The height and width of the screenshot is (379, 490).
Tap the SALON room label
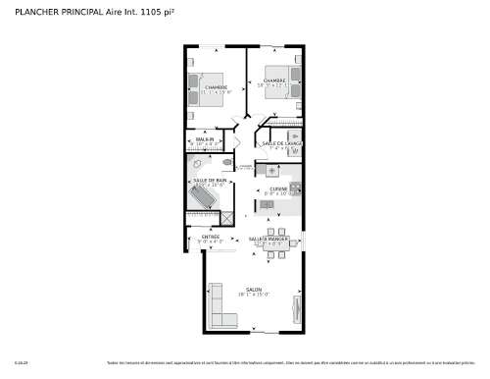pyautogui.click(x=254, y=290)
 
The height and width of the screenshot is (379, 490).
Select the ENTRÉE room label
pyautogui.click(x=211, y=237)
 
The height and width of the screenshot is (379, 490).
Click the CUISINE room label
pyautogui.click(x=277, y=189)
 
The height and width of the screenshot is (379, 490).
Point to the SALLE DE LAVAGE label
pyautogui.click(x=282, y=143)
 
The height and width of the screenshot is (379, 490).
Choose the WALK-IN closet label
pyautogui.click(x=206, y=140)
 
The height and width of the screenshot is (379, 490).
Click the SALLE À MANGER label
pyautogui.click(x=267, y=240)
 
